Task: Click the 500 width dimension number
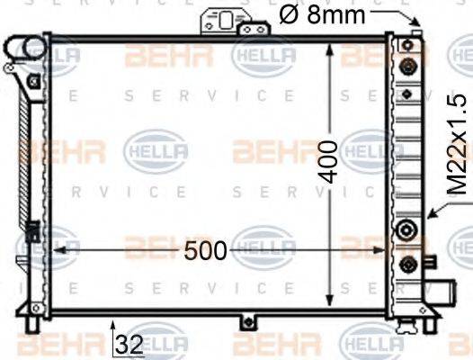[x=206, y=252]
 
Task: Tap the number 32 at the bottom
[x=129, y=343]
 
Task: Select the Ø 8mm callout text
[x=321, y=13]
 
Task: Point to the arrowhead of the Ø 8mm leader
[x=416, y=23]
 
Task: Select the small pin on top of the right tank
[x=415, y=33]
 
